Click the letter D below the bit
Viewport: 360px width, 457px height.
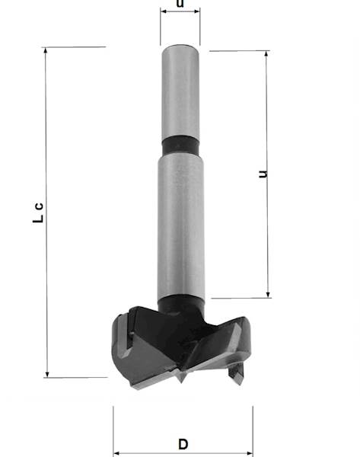[183, 444]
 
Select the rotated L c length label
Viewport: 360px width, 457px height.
[39, 213]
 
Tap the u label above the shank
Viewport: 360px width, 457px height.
[180, 4]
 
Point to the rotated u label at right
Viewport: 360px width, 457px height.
[263, 174]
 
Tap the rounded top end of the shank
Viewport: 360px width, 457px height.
[180, 48]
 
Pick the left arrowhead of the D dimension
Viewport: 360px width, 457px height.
[116, 452]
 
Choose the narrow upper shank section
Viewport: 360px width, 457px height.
[180, 91]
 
